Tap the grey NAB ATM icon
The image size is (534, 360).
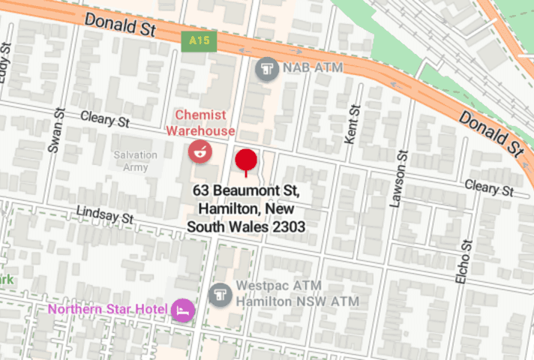pyautogui.click(x=266, y=70)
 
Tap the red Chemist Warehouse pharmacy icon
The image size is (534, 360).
pyautogui.click(x=199, y=150)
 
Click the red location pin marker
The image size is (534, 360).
pyautogui.click(x=247, y=160)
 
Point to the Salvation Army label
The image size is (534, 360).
pyautogui.click(x=136, y=161)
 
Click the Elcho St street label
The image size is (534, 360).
pyautogui.click(x=463, y=260)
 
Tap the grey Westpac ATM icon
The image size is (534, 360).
pyautogui.click(x=220, y=295)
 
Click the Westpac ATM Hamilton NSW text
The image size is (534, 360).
pyautogui.click(x=298, y=294)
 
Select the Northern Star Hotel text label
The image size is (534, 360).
pyautogui.click(x=107, y=309)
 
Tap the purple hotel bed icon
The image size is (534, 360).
pyautogui.click(x=182, y=309)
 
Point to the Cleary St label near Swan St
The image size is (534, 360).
pyautogui.click(x=105, y=119)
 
